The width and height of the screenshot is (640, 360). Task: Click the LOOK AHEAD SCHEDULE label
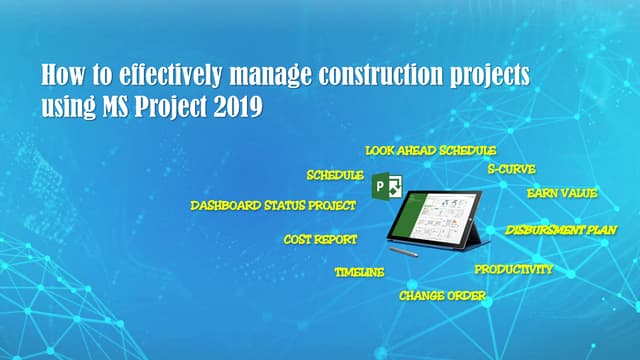click(430, 150)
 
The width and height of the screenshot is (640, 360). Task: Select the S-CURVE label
click(511, 169)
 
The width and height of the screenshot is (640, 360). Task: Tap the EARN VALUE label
click(562, 193)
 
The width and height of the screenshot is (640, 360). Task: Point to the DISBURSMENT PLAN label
click(561, 230)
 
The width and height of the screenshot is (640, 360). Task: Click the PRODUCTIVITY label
click(513, 269)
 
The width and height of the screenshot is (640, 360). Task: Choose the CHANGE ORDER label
click(442, 296)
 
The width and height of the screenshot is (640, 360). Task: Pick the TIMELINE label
click(359, 272)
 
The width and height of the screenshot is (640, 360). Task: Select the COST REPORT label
click(320, 240)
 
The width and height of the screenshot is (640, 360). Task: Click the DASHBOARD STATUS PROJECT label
click(273, 206)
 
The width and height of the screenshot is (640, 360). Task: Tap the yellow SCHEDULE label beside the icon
click(335, 175)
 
